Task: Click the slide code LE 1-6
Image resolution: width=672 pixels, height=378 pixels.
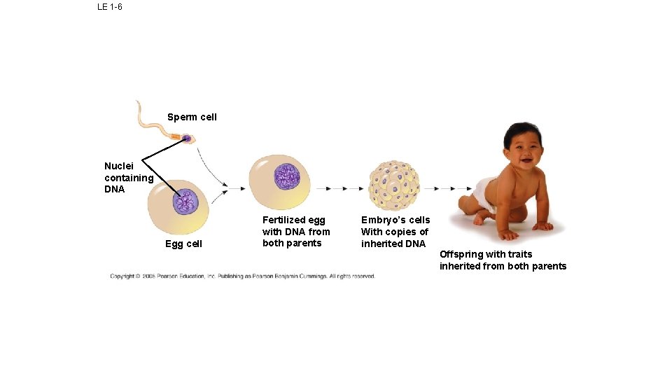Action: click(110, 7)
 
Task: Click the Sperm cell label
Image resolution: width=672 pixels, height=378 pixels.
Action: click(192, 117)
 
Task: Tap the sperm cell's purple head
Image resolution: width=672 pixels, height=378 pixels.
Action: click(187, 138)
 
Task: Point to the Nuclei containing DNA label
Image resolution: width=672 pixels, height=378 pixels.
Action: click(128, 177)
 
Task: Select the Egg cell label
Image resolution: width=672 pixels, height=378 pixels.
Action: click(183, 244)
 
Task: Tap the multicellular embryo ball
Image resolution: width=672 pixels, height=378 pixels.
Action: click(394, 186)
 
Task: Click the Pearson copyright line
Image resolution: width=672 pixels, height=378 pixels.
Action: click(242, 276)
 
